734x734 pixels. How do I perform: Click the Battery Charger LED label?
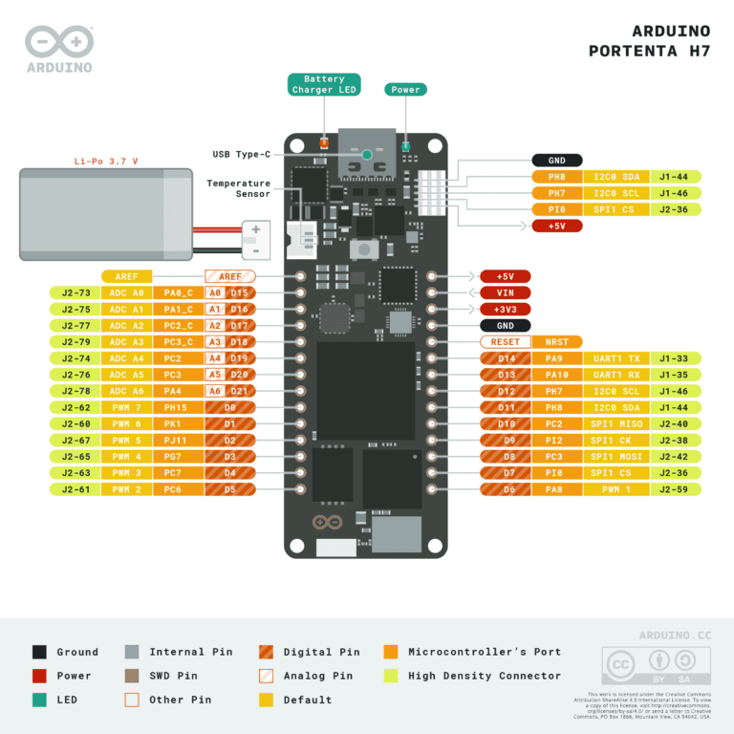[324, 84]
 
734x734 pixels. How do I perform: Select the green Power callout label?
[405, 90]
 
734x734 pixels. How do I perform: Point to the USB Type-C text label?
[241, 154]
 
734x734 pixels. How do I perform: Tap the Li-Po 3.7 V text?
[106, 162]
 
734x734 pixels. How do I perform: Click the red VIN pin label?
[505, 292]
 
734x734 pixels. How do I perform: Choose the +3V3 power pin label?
[505, 309]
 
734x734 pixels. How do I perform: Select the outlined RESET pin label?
[505, 341]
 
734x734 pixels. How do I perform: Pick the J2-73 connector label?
[76, 293]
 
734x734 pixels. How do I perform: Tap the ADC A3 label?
[126, 342]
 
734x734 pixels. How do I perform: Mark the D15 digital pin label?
[238, 293]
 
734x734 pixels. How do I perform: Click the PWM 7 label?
[126, 407]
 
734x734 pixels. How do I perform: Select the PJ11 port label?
[177, 440]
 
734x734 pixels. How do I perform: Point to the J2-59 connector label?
[675, 488]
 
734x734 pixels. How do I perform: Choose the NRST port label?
[556, 341]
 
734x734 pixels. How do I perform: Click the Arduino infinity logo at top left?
[59, 42]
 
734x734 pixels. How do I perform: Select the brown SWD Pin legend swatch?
[133, 676]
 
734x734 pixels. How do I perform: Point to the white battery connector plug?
[255, 239]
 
